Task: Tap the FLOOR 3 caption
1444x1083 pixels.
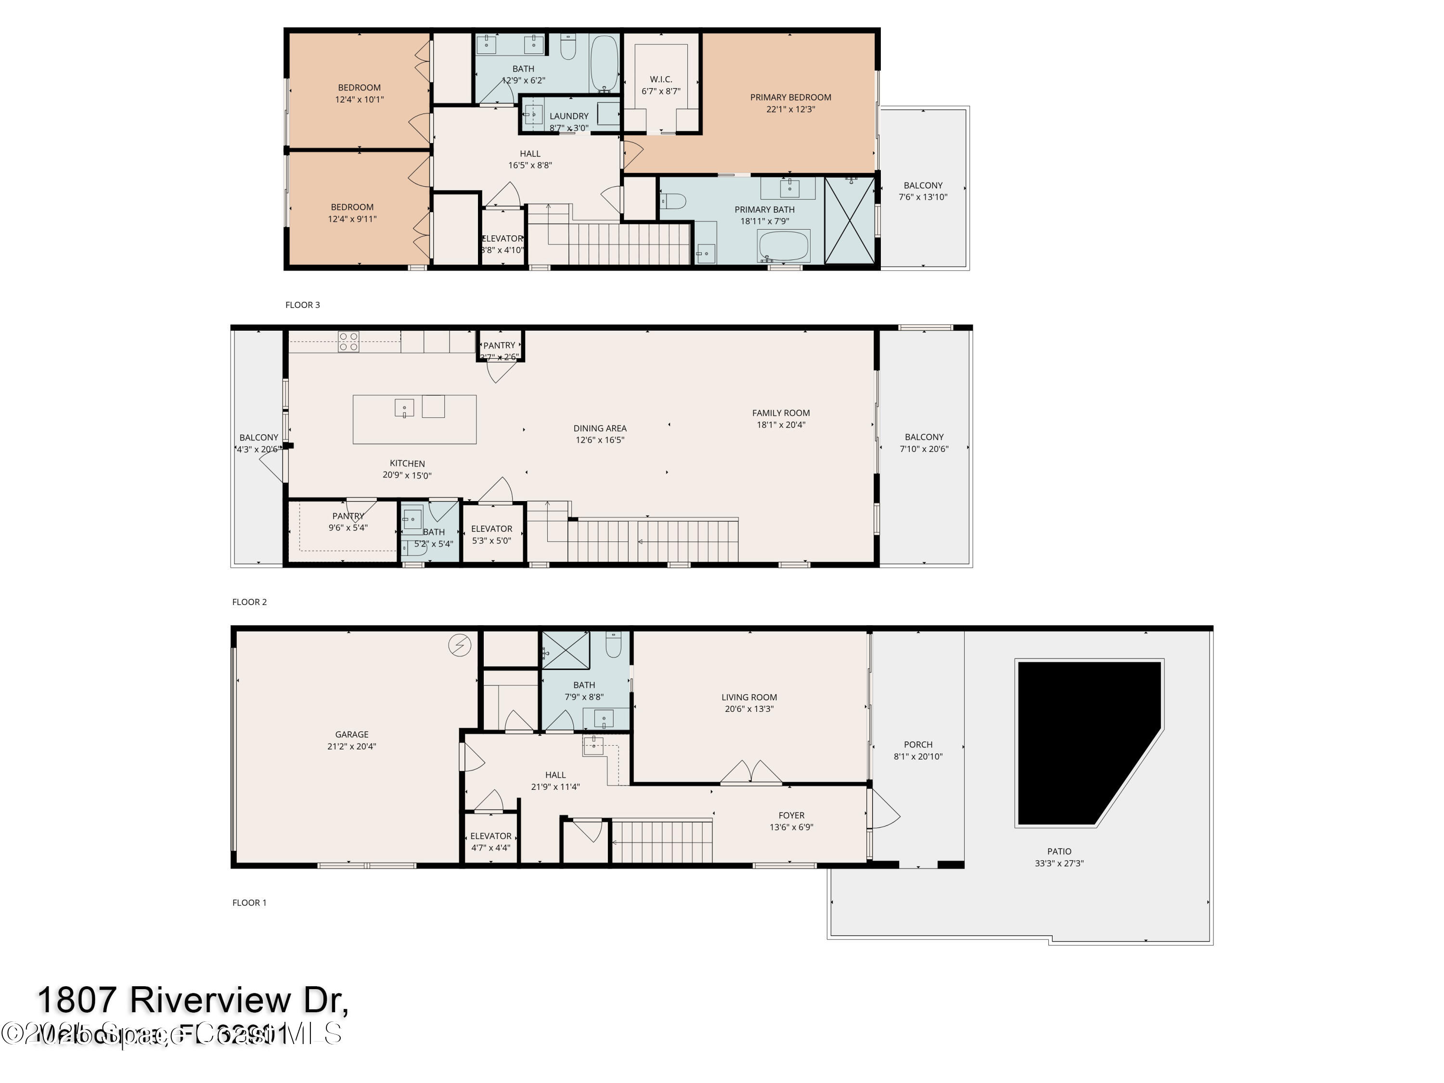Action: (x=302, y=305)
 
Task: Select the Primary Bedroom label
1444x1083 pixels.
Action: (x=790, y=97)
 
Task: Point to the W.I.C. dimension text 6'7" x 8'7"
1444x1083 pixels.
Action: (x=661, y=91)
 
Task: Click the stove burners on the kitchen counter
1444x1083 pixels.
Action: (x=348, y=341)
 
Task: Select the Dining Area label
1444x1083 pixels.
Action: (x=599, y=428)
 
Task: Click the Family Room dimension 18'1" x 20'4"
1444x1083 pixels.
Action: (x=781, y=425)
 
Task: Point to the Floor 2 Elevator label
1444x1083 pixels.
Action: (x=491, y=529)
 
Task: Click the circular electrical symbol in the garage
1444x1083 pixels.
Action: (x=460, y=645)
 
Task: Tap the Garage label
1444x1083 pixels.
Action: (x=351, y=735)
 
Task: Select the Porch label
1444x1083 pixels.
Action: (x=918, y=744)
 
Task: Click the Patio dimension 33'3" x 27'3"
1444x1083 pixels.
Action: (x=1059, y=863)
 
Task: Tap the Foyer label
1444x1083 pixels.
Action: (x=791, y=815)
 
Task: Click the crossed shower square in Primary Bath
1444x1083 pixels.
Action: (x=849, y=220)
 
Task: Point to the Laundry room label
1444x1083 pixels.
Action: (x=568, y=116)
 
